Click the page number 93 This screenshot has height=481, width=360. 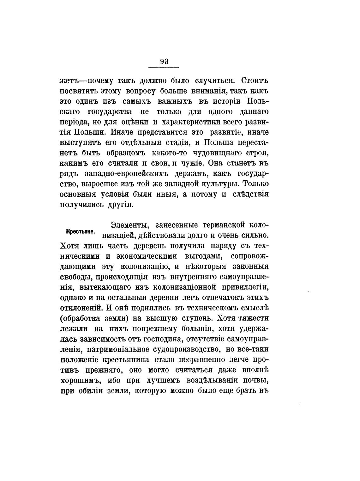(x=164, y=61)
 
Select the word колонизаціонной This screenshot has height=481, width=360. (x=184, y=287)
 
